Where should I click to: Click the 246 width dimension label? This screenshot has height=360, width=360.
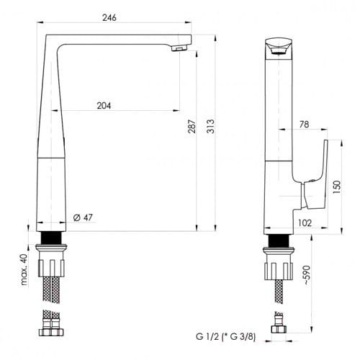pyautogui.click(x=109, y=17)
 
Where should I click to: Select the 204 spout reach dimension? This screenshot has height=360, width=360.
pyautogui.click(x=104, y=106)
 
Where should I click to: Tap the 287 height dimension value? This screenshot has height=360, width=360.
pyautogui.click(x=192, y=127)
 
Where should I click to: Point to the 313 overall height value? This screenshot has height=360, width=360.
pyautogui.click(x=210, y=126)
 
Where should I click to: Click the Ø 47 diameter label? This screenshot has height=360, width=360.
pyautogui.click(x=83, y=217)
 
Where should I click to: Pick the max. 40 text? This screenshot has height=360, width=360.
pyautogui.click(x=24, y=269)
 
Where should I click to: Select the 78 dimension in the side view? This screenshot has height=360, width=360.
pyautogui.click(x=304, y=125)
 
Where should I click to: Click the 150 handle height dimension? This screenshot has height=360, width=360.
pyautogui.click(x=337, y=187)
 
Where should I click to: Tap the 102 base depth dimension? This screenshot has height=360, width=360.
pyautogui.click(x=305, y=223)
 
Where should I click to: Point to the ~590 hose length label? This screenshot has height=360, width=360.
pyautogui.click(x=307, y=275)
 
